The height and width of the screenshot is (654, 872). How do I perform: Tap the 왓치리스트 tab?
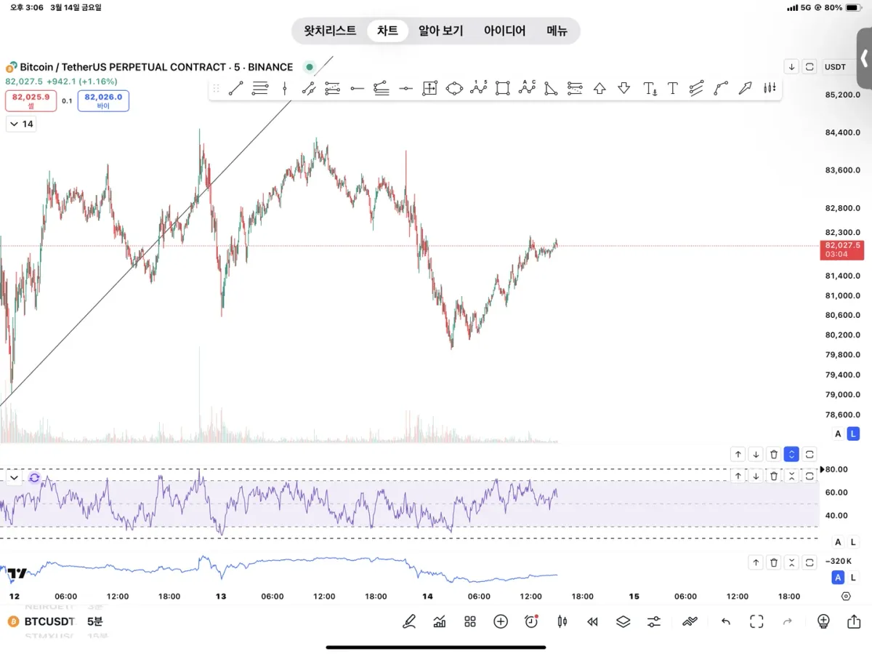[x=330, y=31]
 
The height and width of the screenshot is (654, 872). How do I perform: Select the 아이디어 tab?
[x=504, y=31]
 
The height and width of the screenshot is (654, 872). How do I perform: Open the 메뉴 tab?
[x=557, y=31]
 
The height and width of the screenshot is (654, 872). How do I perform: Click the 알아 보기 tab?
[x=440, y=31]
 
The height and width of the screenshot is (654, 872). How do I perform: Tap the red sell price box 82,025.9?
[x=31, y=100]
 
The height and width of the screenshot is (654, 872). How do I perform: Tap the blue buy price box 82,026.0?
[x=103, y=100]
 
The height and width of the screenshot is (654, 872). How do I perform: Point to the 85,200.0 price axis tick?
[x=843, y=95]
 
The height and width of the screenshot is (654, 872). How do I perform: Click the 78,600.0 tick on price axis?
[x=843, y=415]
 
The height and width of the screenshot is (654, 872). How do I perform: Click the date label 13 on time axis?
[x=221, y=597]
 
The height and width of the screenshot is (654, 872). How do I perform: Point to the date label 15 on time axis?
[x=634, y=597]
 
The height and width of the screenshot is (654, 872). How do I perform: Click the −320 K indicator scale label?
[x=840, y=562]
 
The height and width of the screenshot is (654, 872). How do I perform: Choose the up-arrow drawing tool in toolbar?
[x=599, y=89]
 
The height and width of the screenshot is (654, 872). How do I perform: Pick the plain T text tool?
[x=673, y=89]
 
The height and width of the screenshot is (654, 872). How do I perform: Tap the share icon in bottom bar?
[x=854, y=621]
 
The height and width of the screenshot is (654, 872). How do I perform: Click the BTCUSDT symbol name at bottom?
[x=49, y=621]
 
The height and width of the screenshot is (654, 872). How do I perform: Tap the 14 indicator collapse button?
[x=21, y=124]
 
